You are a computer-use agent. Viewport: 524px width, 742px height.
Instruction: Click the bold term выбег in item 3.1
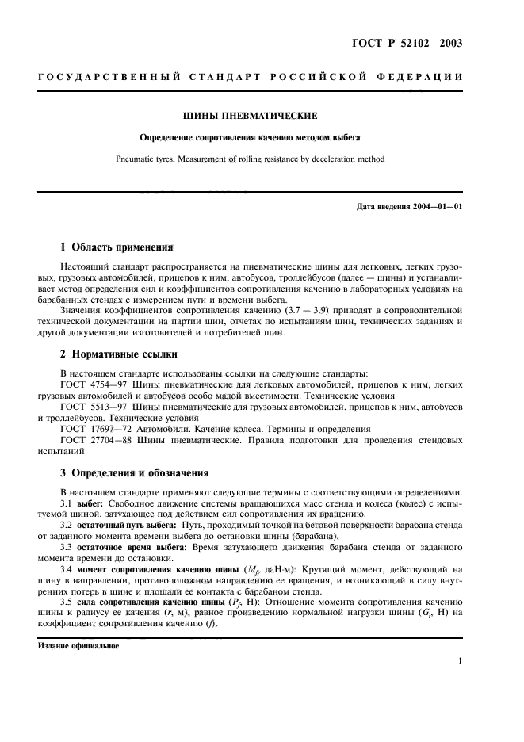pyautogui.click(x=93, y=504)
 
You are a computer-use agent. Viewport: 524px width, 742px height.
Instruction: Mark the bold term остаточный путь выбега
pyautogui.click(x=128, y=526)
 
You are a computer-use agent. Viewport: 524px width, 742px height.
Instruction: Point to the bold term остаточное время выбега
pyautogui.click(x=132, y=549)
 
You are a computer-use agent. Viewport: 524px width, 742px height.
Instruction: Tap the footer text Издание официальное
pyautogui.click(x=77, y=645)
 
